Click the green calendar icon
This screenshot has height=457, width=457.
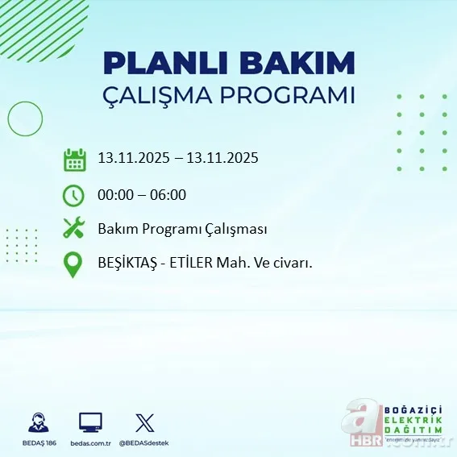(74, 159)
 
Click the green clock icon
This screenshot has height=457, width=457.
(73, 194)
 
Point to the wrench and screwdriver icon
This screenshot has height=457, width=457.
(73, 228)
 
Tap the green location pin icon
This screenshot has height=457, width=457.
(73, 265)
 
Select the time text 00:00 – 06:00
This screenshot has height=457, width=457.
(142, 194)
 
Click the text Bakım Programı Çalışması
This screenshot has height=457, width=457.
(182, 229)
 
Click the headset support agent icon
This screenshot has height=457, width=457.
(37, 422)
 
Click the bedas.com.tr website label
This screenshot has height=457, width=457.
(90, 443)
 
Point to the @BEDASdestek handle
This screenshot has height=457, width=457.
(144, 443)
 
